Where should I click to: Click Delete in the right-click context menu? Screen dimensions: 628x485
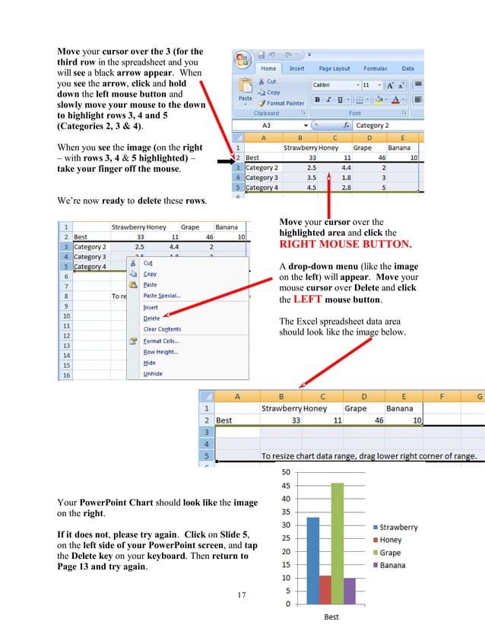pos(152,318)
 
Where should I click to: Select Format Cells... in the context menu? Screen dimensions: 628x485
pos(160,341)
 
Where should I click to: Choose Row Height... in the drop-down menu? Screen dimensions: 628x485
pos(160,352)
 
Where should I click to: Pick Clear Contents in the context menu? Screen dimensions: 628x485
pos(162,329)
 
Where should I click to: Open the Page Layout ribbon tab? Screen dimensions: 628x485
pos(334,68)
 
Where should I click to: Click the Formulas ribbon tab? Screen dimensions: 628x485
pos(375,68)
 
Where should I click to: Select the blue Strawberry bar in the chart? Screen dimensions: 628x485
pos(312,560)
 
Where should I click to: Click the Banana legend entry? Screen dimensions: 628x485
pos(394,565)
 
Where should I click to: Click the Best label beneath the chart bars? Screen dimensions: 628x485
pos(331,617)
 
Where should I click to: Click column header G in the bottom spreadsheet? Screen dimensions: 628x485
pos(479,396)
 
